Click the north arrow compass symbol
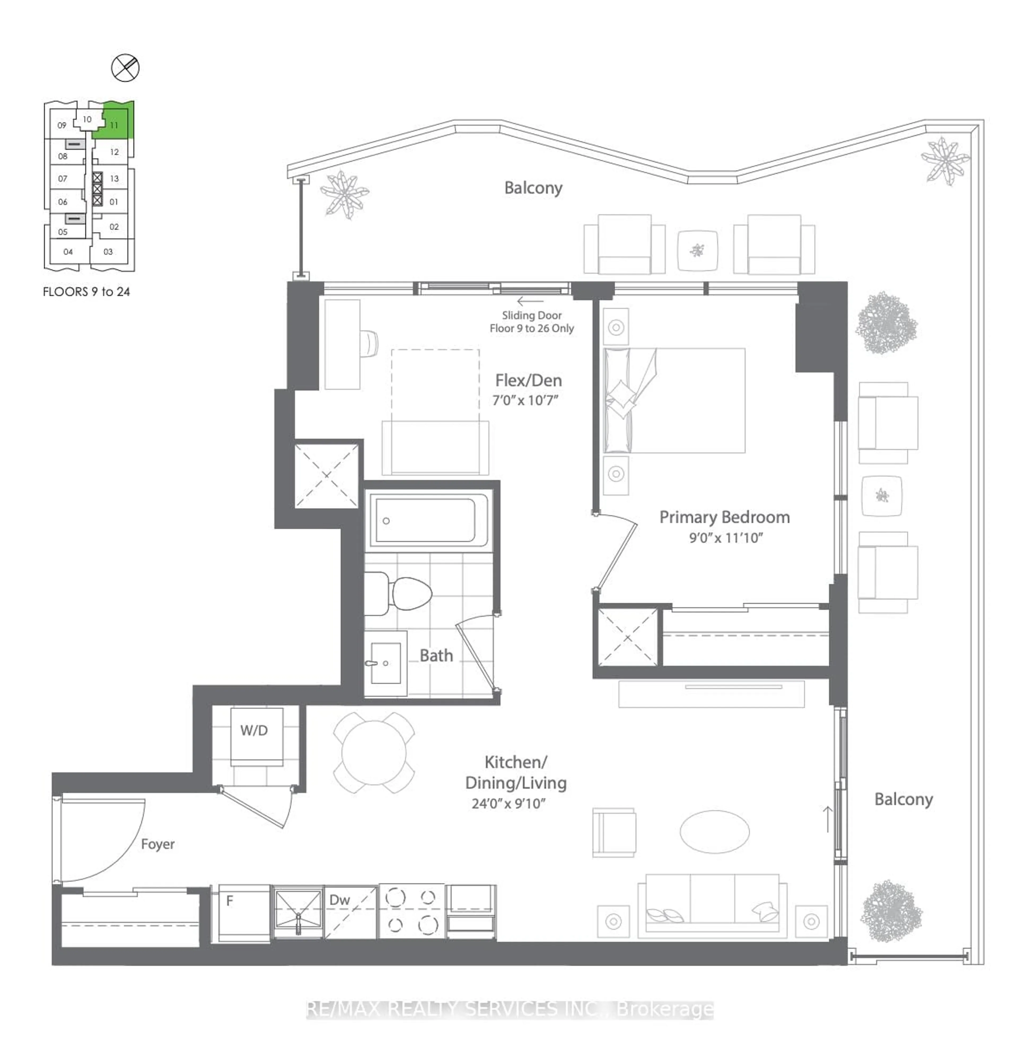125,68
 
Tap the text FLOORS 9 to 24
86,292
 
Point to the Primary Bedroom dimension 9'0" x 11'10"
726,538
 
